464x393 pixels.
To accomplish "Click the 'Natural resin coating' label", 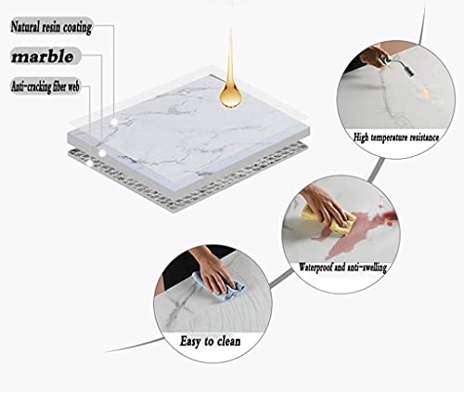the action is click(51, 27).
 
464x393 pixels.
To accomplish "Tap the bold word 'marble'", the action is click(43, 57).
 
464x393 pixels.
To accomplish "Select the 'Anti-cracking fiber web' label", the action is click(45, 86).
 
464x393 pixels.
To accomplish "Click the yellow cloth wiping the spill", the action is click(329, 219).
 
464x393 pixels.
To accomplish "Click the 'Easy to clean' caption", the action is click(210, 341).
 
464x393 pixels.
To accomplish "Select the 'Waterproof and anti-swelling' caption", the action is click(342, 267).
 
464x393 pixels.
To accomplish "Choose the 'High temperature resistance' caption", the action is click(396, 138).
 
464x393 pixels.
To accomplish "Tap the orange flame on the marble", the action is click(425, 92).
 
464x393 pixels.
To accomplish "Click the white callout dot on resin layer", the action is click(114, 122).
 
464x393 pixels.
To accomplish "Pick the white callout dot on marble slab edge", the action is click(102, 153).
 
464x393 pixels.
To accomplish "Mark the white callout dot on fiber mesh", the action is click(90, 163).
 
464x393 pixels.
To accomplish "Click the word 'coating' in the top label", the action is click(78, 28).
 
